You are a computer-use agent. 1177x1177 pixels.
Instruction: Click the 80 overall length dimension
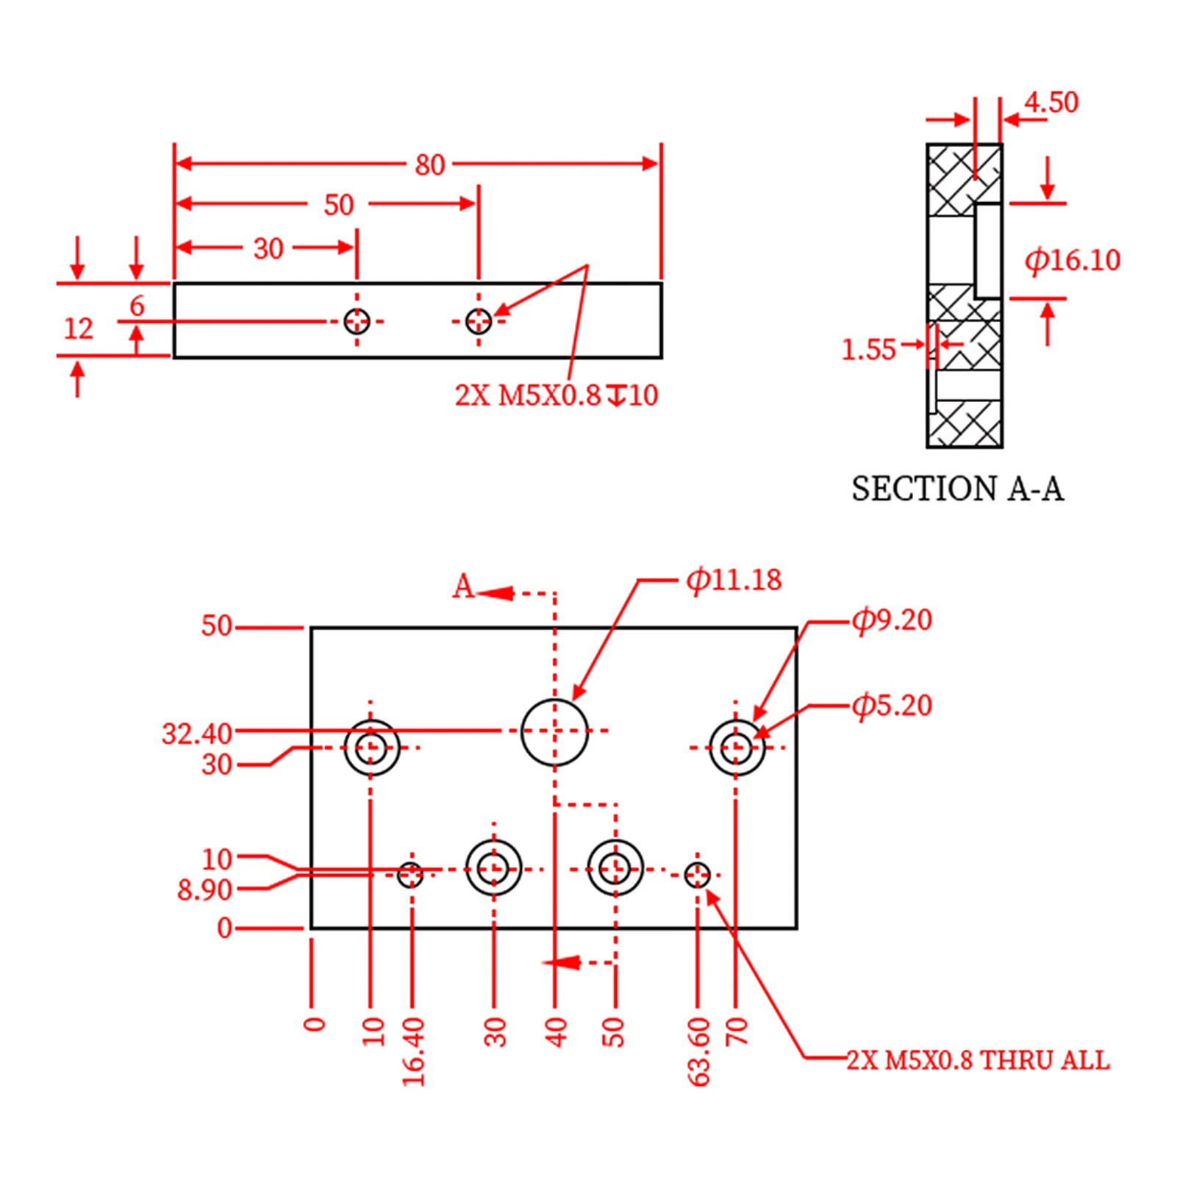[x=429, y=165]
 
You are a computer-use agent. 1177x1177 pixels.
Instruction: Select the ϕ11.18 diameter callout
[x=733, y=580]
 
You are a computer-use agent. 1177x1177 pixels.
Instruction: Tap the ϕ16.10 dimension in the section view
[x=1072, y=260]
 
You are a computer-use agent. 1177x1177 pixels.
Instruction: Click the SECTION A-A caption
[x=957, y=489]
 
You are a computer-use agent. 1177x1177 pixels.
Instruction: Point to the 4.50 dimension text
[x=1051, y=102]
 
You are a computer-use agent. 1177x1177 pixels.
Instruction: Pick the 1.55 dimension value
[x=868, y=349]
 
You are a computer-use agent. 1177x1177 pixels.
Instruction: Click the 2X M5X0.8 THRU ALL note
[x=978, y=1060]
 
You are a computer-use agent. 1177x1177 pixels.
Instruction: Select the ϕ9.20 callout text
[x=892, y=620]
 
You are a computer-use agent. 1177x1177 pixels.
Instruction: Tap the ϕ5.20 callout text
[x=892, y=705]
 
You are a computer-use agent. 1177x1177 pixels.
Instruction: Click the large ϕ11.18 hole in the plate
[x=554, y=731]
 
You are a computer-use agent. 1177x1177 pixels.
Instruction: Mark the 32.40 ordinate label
[x=196, y=734]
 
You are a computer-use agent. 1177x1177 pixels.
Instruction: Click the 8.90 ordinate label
[x=204, y=890]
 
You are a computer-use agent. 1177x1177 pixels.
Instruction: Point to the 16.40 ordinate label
[x=413, y=1051]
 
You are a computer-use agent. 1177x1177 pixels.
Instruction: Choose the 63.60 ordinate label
[x=698, y=1051]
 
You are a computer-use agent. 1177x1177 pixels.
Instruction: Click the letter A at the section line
[x=463, y=587]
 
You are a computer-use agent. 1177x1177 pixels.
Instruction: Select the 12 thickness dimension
[x=78, y=329]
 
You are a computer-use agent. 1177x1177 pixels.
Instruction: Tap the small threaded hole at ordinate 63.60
[x=697, y=875]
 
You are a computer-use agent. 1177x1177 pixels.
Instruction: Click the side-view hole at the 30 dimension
[x=357, y=321]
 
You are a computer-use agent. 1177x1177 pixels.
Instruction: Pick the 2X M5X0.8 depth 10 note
[x=556, y=396]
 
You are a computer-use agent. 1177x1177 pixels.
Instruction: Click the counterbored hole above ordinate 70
[x=737, y=748]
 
